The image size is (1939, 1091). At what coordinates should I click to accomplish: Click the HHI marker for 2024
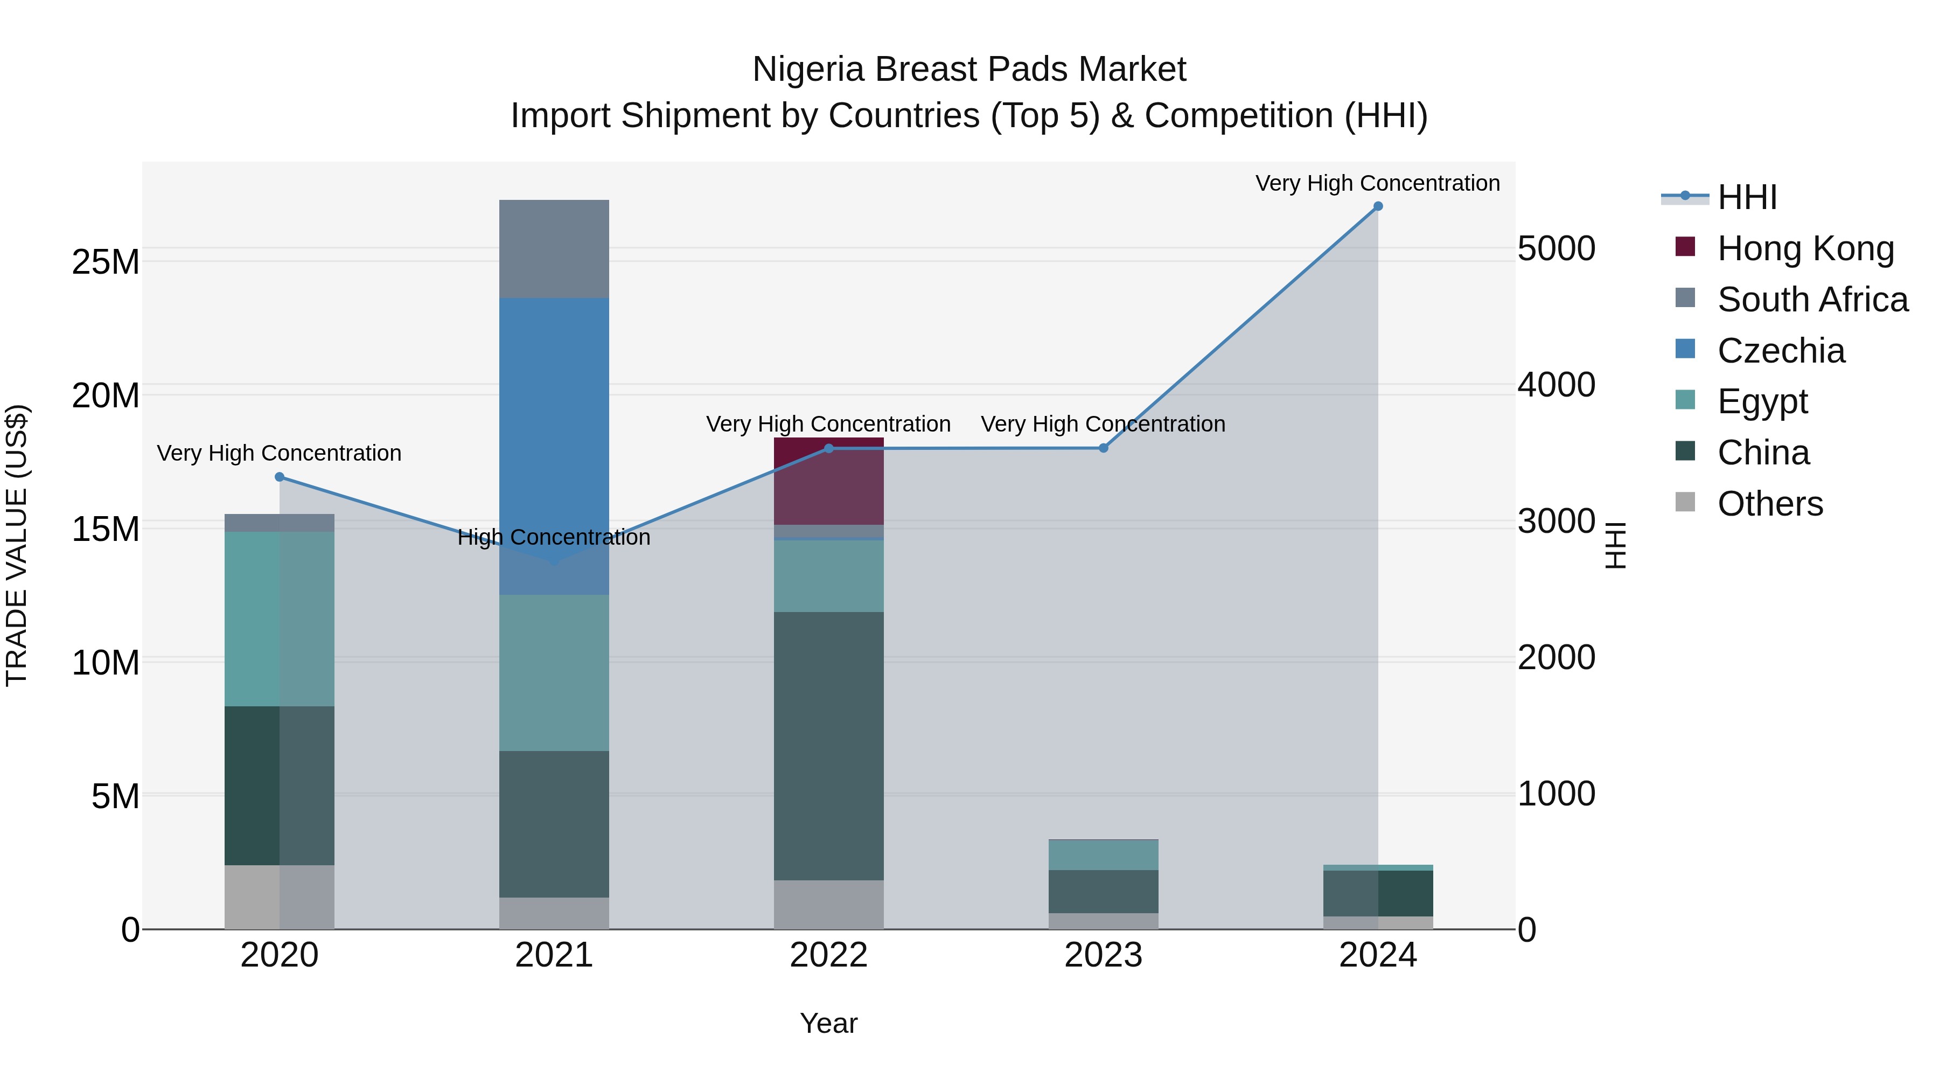tap(1377, 206)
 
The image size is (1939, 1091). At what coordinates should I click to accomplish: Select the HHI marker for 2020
tap(279, 477)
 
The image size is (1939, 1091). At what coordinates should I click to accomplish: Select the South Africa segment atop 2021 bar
tap(554, 248)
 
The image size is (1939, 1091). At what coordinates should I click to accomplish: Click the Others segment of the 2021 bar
tap(554, 913)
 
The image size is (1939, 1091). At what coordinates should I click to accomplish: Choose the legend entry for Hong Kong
tap(1805, 248)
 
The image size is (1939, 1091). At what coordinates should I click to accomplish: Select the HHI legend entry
tap(1746, 197)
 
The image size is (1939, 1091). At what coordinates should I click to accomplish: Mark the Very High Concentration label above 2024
tap(1377, 183)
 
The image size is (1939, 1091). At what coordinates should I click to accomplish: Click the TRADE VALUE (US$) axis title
tap(17, 545)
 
